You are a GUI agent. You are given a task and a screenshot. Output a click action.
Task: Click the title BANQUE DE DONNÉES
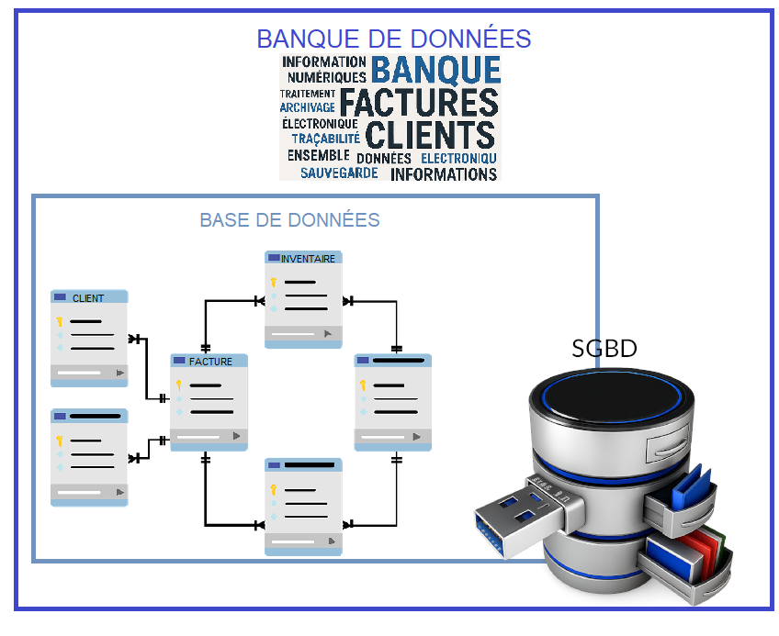[393, 39]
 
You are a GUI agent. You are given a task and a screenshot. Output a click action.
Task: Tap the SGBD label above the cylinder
[604, 349]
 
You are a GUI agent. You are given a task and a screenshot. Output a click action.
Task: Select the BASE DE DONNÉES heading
[289, 220]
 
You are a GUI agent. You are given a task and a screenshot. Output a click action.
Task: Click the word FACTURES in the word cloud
[419, 101]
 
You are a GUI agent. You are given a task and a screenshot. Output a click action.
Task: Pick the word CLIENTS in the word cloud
[430, 134]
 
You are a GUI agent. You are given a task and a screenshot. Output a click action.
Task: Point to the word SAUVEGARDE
[338, 173]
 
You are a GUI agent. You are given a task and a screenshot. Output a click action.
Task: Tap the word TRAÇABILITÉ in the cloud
[325, 139]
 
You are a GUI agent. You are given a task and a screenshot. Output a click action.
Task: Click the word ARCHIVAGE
[307, 107]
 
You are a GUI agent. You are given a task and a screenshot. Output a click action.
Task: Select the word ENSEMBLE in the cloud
[318, 156]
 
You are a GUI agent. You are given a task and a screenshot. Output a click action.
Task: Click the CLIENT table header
[88, 297]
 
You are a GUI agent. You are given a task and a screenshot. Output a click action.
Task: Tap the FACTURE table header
[210, 362]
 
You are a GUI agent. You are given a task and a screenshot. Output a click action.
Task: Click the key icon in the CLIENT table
[60, 322]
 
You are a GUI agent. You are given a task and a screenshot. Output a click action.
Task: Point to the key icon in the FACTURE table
[180, 385]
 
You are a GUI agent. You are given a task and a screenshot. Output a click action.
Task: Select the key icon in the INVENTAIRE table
[274, 283]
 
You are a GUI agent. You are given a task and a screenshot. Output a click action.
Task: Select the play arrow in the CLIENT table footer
[119, 373]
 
